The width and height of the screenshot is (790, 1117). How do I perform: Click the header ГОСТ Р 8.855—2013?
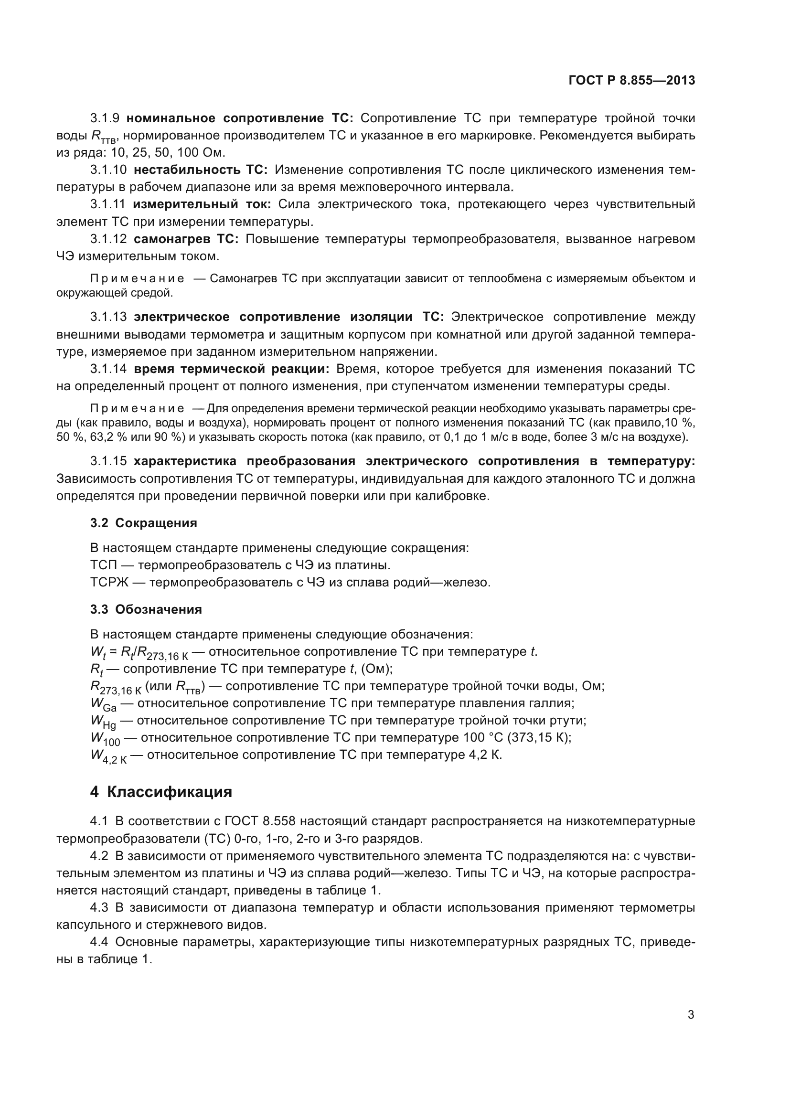pos(631,81)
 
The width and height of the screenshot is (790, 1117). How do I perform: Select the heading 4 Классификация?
pos(161,791)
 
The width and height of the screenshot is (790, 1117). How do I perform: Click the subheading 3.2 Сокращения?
pos(143,523)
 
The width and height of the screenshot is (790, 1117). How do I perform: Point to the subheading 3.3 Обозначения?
pos(146,609)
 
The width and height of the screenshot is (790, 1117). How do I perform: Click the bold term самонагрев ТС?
pos(186,239)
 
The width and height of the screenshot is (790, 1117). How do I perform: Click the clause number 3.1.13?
pos(108,317)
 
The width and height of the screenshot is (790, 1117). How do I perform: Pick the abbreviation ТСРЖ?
pos(109,582)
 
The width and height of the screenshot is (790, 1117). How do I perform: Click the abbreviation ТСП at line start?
pos(103,565)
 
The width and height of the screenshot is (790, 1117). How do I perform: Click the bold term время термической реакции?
pos(232,369)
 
